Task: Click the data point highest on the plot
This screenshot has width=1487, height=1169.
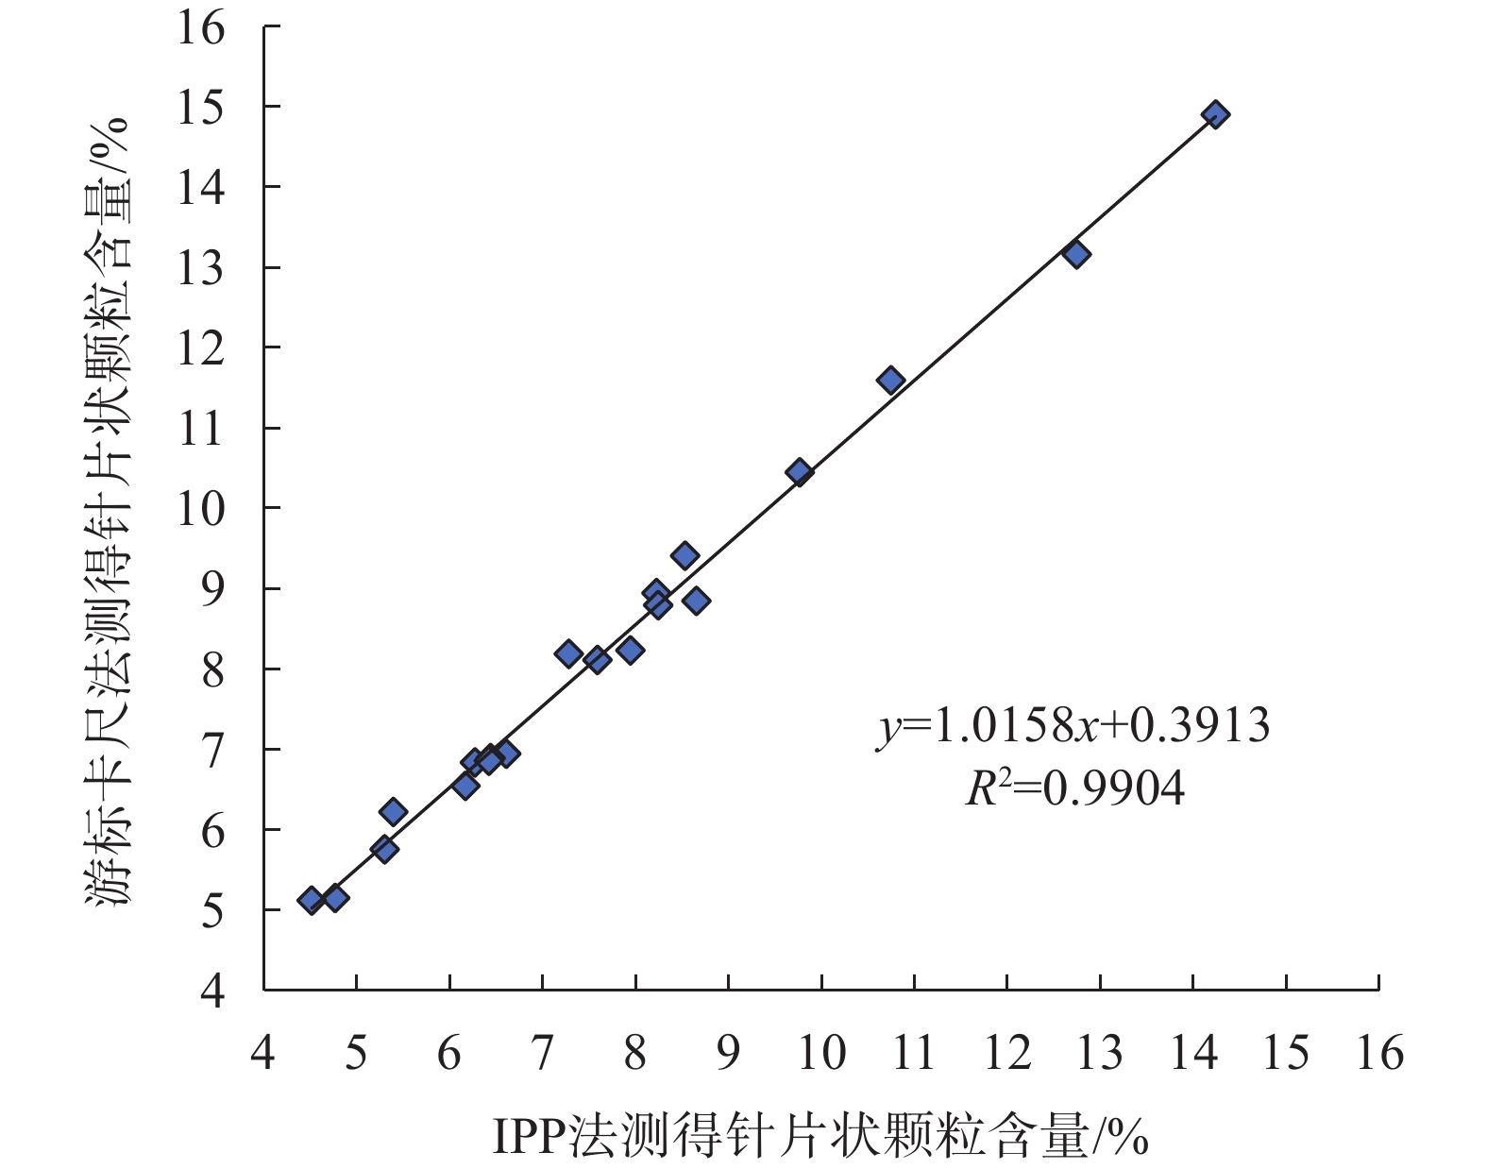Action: pyautogui.click(x=1215, y=115)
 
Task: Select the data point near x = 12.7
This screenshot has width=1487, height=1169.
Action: pyautogui.click(x=1076, y=254)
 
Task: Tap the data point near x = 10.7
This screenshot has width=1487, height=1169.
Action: pyautogui.click(x=890, y=381)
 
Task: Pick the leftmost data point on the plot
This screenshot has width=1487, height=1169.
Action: pyautogui.click(x=311, y=900)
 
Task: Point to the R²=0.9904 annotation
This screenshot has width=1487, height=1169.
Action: pyautogui.click(x=1074, y=788)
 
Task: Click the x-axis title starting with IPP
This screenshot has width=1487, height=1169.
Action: pyautogui.click(x=820, y=1137)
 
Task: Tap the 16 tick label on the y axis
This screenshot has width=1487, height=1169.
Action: pyautogui.click(x=201, y=28)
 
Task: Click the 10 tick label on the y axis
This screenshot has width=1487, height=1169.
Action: pyautogui.click(x=201, y=510)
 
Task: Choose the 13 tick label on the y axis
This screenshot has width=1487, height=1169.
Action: pyautogui.click(x=201, y=269)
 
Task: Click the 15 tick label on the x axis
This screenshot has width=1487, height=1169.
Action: pyautogui.click(x=1285, y=1053)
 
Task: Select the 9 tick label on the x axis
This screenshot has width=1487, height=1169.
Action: pyautogui.click(x=728, y=1053)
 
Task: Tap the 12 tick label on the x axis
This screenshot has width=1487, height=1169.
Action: pyautogui.click(x=1006, y=1053)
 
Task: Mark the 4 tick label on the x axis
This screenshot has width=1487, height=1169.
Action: pyautogui.click(x=263, y=1053)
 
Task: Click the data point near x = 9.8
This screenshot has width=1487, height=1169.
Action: pyautogui.click(x=800, y=472)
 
